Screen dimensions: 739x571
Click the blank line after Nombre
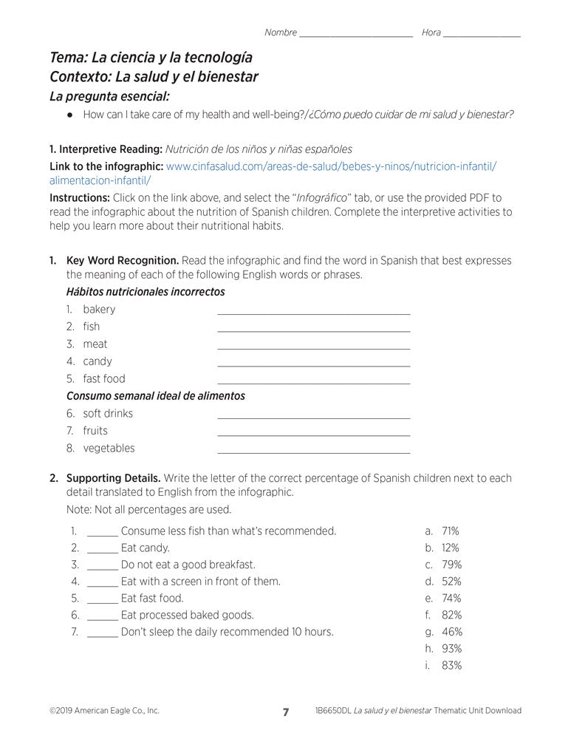click(356, 35)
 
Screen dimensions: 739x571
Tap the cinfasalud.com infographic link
click(331, 167)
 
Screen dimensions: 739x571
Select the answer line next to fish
click(313, 330)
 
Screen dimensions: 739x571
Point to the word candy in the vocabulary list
click(98, 361)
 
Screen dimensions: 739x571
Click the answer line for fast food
click(313, 382)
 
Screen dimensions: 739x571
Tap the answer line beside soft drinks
click(313, 417)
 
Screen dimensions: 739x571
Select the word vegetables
click(109, 448)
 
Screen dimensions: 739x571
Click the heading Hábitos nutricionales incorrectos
click(146, 292)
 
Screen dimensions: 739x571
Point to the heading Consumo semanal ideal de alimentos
click(155, 396)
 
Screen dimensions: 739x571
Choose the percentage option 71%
click(450, 531)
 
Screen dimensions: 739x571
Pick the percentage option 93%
click(451, 649)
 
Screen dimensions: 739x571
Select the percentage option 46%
click(451, 632)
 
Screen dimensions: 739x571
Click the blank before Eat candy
click(102, 551)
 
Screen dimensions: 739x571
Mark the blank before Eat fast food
click(102, 602)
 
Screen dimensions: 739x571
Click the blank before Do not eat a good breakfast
click(102, 568)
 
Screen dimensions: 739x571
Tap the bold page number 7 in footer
click(286, 712)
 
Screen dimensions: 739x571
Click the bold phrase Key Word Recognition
click(123, 261)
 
